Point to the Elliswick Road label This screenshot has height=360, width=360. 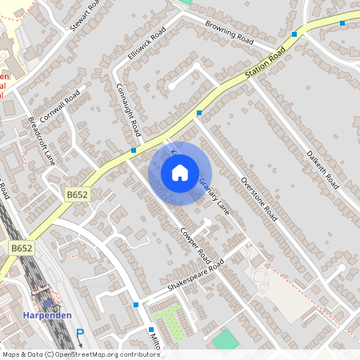point(146,45)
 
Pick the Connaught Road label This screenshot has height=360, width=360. point(128,109)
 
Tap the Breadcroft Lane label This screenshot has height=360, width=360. point(42,142)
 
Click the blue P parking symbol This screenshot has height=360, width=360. point(79,334)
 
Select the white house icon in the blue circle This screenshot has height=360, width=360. point(180,173)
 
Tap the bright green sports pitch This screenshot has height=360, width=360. point(226,340)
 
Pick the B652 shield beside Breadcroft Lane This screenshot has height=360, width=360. point(76,194)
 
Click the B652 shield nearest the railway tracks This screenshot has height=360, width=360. point(22,249)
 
